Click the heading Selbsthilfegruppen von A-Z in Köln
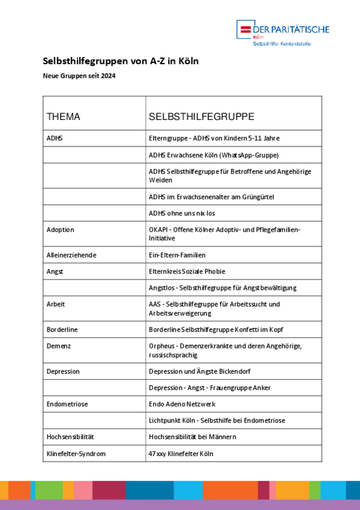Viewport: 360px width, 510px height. click(x=121, y=61)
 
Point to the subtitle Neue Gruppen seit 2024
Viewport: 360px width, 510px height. click(x=79, y=76)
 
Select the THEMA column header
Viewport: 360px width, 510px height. click(x=64, y=117)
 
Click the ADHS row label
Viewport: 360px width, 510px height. click(x=55, y=138)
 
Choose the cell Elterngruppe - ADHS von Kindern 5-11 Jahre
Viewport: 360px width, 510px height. click(x=214, y=138)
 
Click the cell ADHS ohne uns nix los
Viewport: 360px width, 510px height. click(x=182, y=213)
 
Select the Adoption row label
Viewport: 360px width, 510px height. click(x=61, y=230)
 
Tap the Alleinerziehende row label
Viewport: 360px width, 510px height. click(x=71, y=255)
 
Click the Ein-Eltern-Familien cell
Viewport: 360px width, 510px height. click(x=182, y=255)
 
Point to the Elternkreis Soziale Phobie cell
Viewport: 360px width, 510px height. click(x=187, y=271)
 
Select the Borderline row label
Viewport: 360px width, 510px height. click(x=62, y=329)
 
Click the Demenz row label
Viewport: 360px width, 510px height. click(x=59, y=346)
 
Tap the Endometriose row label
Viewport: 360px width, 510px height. click(x=67, y=404)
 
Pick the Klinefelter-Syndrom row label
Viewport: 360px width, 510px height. click(x=76, y=454)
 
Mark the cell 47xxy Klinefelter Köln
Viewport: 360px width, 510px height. click(x=181, y=454)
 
